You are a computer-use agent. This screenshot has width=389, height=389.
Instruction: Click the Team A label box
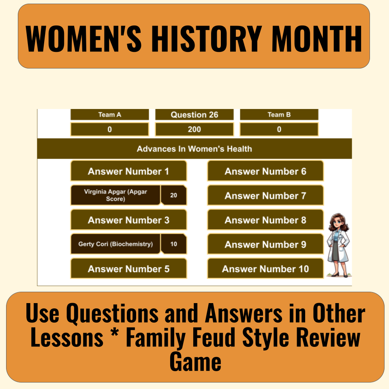click(x=110, y=114)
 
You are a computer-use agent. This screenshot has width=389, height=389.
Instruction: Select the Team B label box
click(x=279, y=114)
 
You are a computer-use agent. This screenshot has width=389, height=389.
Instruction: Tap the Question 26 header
click(x=194, y=114)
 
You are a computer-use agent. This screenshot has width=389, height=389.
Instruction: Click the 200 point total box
click(x=194, y=129)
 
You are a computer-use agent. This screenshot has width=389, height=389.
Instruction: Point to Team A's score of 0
click(x=110, y=129)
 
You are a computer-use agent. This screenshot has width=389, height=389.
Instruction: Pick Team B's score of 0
click(x=279, y=129)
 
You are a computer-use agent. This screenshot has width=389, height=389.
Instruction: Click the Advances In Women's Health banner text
click(x=194, y=149)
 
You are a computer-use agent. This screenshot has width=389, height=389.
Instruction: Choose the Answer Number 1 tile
click(x=128, y=171)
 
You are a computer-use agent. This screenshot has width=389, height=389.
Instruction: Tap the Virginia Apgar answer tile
click(x=115, y=195)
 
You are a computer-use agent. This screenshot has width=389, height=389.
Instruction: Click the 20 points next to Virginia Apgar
click(x=174, y=195)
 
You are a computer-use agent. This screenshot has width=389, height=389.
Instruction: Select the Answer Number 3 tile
click(x=128, y=220)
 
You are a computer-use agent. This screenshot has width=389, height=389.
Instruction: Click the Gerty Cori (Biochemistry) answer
click(x=115, y=244)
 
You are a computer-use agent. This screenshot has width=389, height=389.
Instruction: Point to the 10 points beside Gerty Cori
click(x=174, y=244)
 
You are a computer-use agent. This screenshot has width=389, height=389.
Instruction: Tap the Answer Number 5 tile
click(x=128, y=268)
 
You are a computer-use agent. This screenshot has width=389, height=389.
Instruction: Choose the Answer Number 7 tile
click(x=265, y=195)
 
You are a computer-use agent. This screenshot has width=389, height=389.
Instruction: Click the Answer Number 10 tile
click(x=265, y=268)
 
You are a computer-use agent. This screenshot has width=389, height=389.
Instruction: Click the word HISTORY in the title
click(x=207, y=39)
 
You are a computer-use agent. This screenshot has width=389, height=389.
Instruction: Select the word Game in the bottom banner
click(x=195, y=362)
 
